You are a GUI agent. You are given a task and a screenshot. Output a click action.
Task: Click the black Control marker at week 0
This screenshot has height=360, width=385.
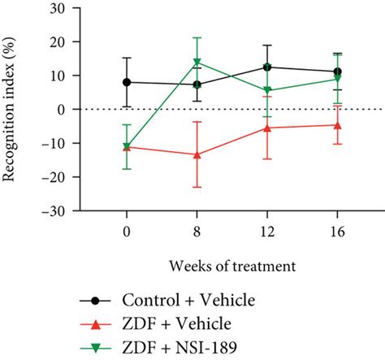(x=127, y=82)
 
